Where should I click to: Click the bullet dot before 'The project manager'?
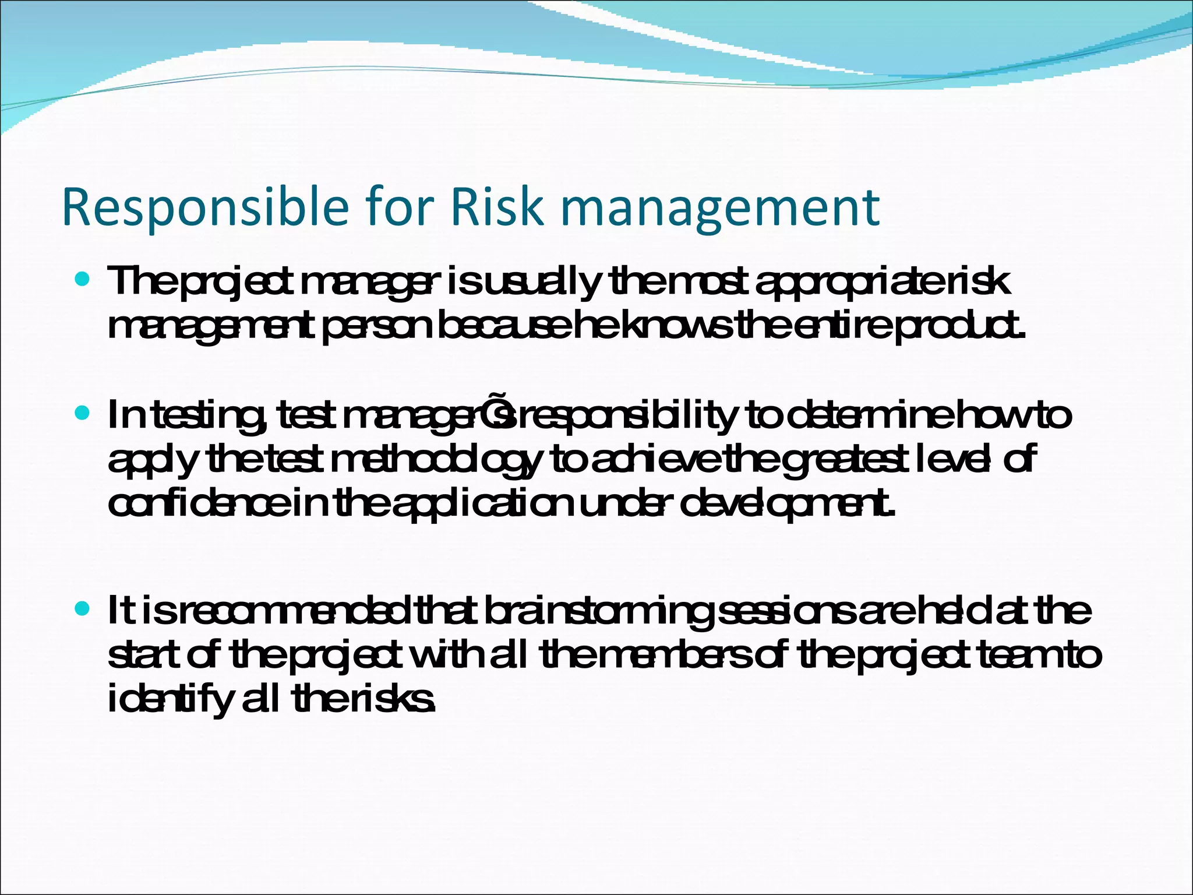point(82,280)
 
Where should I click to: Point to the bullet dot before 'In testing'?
point(82,414)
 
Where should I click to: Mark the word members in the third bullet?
point(670,656)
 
